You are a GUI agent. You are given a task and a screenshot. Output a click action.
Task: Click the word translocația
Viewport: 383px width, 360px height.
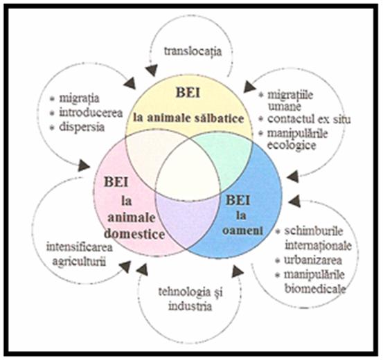tap(193, 52)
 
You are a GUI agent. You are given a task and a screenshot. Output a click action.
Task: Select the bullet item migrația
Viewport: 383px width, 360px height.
tap(79, 98)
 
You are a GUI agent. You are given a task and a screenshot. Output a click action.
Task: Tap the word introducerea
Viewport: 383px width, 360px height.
tap(91, 113)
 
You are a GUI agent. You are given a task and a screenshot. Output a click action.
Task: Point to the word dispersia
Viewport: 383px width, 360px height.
tap(82, 127)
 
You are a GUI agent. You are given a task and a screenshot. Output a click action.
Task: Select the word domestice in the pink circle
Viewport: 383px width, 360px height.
tap(134, 234)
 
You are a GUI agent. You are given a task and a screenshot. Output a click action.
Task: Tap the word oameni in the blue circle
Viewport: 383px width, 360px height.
tap(242, 231)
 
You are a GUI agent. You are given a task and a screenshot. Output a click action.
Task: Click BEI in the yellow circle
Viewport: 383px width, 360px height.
tap(188, 93)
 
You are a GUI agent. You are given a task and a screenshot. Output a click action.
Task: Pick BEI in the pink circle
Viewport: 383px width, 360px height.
tap(116, 182)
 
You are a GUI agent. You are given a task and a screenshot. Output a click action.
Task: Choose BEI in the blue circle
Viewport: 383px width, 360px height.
tap(238, 200)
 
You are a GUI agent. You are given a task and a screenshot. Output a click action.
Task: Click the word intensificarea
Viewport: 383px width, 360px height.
tap(80, 247)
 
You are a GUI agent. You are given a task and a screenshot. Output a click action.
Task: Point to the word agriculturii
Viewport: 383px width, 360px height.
tap(80, 262)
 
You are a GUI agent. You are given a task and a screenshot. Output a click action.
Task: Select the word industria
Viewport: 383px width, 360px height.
tap(190, 306)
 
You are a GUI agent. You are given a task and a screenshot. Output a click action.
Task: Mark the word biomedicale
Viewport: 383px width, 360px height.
tap(315, 289)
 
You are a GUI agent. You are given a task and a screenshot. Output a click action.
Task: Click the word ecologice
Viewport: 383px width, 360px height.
tap(292, 145)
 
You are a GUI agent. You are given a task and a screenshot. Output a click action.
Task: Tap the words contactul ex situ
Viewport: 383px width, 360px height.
tap(309, 119)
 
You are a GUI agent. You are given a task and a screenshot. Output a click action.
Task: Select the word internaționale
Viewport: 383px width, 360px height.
tap(319, 246)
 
